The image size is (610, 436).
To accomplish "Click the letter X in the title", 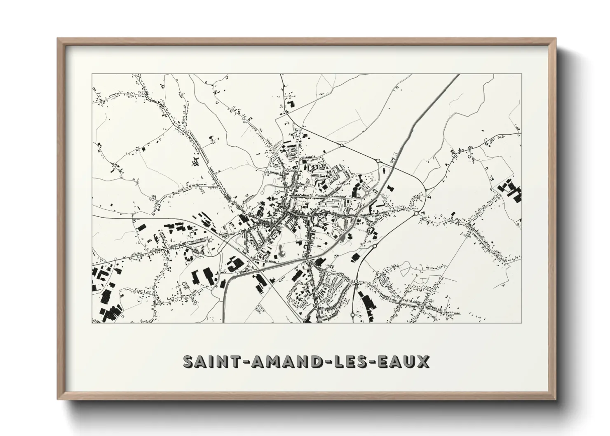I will pos(423,362).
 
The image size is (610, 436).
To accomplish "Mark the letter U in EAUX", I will pos(410,362).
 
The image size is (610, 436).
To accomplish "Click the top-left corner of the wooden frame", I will pos(58,39).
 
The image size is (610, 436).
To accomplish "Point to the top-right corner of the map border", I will pos(521,74).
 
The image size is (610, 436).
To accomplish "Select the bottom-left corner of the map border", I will pos(92,323).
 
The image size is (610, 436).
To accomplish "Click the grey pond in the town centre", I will pos(282,251).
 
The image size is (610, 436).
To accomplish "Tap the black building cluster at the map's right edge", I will pos(511,190).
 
